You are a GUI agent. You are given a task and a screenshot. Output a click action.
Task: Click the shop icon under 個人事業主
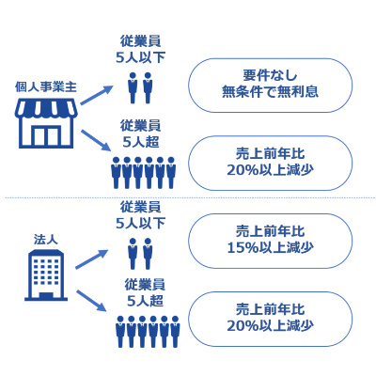(x=46, y=123)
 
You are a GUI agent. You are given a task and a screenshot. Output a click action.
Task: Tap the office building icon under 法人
(x=46, y=275)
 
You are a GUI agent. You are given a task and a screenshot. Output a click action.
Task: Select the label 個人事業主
(x=46, y=87)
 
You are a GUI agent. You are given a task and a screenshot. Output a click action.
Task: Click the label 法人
(x=46, y=240)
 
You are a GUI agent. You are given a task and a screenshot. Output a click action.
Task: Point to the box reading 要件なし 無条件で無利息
(x=270, y=86)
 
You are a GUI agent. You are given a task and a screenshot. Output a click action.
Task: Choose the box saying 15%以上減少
(x=270, y=241)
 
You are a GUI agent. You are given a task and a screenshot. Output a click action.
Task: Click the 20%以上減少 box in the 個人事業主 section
(x=270, y=163)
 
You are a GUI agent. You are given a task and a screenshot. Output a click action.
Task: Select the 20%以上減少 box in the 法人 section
(x=270, y=319)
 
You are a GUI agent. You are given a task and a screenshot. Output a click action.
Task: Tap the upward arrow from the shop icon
(x=96, y=95)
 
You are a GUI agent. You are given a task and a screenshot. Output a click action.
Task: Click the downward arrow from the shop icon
(x=96, y=141)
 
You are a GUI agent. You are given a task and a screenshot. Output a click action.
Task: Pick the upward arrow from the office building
(x=92, y=258)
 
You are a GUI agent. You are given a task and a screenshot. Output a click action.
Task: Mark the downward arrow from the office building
(x=92, y=301)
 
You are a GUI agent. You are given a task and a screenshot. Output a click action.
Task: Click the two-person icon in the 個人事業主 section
(x=140, y=88)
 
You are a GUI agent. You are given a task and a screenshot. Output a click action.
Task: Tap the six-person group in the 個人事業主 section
(x=144, y=173)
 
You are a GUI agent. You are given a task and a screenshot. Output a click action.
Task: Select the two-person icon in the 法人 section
(x=140, y=254)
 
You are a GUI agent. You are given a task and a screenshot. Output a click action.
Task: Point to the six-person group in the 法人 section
(x=148, y=332)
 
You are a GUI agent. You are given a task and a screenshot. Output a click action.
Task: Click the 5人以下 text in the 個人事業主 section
(x=140, y=57)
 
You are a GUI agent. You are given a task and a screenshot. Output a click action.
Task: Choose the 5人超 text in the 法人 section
(x=145, y=301)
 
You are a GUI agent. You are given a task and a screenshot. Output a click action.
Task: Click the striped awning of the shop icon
(x=46, y=109)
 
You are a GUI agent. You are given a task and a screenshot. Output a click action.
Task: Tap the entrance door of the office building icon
(x=46, y=296)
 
